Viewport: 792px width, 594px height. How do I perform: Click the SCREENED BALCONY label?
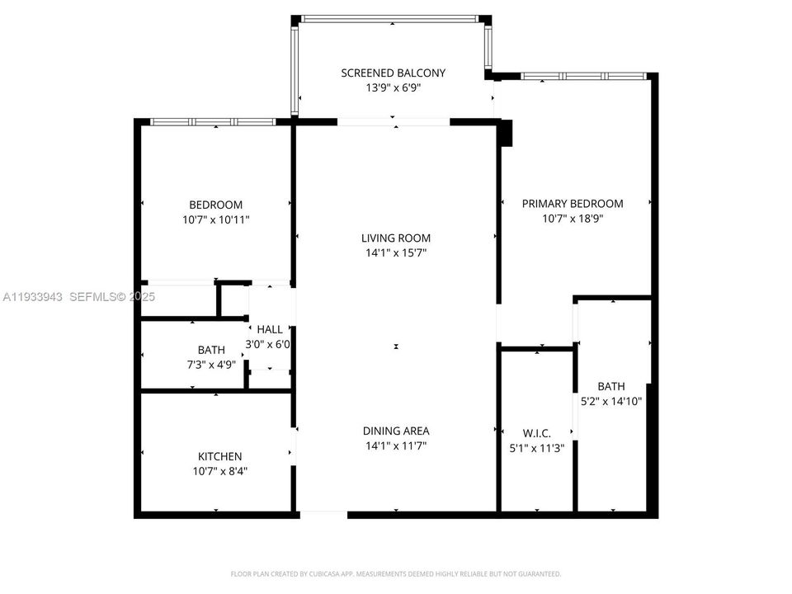[393, 73]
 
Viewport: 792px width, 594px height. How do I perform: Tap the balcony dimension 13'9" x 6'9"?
[393, 88]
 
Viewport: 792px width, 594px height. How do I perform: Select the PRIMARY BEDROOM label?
[573, 204]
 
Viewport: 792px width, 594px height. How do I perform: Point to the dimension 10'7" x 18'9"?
[573, 219]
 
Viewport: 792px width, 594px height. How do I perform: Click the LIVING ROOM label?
[396, 238]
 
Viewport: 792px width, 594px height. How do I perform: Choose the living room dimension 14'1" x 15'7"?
[396, 253]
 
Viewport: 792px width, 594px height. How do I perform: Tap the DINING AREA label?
[396, 431]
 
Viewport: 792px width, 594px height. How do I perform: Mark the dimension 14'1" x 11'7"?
[396, 445]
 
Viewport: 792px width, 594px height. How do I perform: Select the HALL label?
[270, 330]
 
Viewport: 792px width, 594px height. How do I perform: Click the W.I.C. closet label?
[536, 433]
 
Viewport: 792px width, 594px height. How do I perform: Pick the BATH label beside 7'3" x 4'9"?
[211, 350]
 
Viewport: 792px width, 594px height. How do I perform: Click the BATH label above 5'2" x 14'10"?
[611, 386]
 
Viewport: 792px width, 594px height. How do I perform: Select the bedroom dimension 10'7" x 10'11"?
[216, 220]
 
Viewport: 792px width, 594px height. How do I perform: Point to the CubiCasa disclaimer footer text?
[396, 573]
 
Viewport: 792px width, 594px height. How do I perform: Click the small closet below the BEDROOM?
[178, 301]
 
